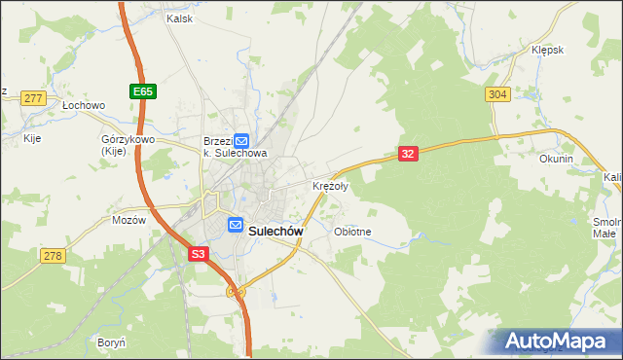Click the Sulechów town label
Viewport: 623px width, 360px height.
pos(276,232)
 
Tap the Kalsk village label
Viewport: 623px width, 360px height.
pos(179,18)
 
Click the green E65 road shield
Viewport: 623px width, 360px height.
pos(143,90)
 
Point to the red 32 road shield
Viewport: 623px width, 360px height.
pos(408,154)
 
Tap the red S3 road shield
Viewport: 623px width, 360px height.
pos(198,254)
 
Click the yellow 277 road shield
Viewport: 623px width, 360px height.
pos(34,98)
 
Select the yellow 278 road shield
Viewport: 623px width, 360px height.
pos(53,255)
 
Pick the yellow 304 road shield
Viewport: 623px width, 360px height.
pos(497,93)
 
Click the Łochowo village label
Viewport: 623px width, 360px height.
pos(83,105)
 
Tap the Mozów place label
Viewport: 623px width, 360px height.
pos(128,220)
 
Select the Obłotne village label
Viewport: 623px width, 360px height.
pos(352,232)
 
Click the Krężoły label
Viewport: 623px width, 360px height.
pos(329,186)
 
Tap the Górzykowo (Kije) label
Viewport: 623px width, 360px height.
pos(123,145)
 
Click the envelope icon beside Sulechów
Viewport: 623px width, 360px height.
pos(236,225)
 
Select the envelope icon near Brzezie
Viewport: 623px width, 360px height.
pos(241,141)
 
